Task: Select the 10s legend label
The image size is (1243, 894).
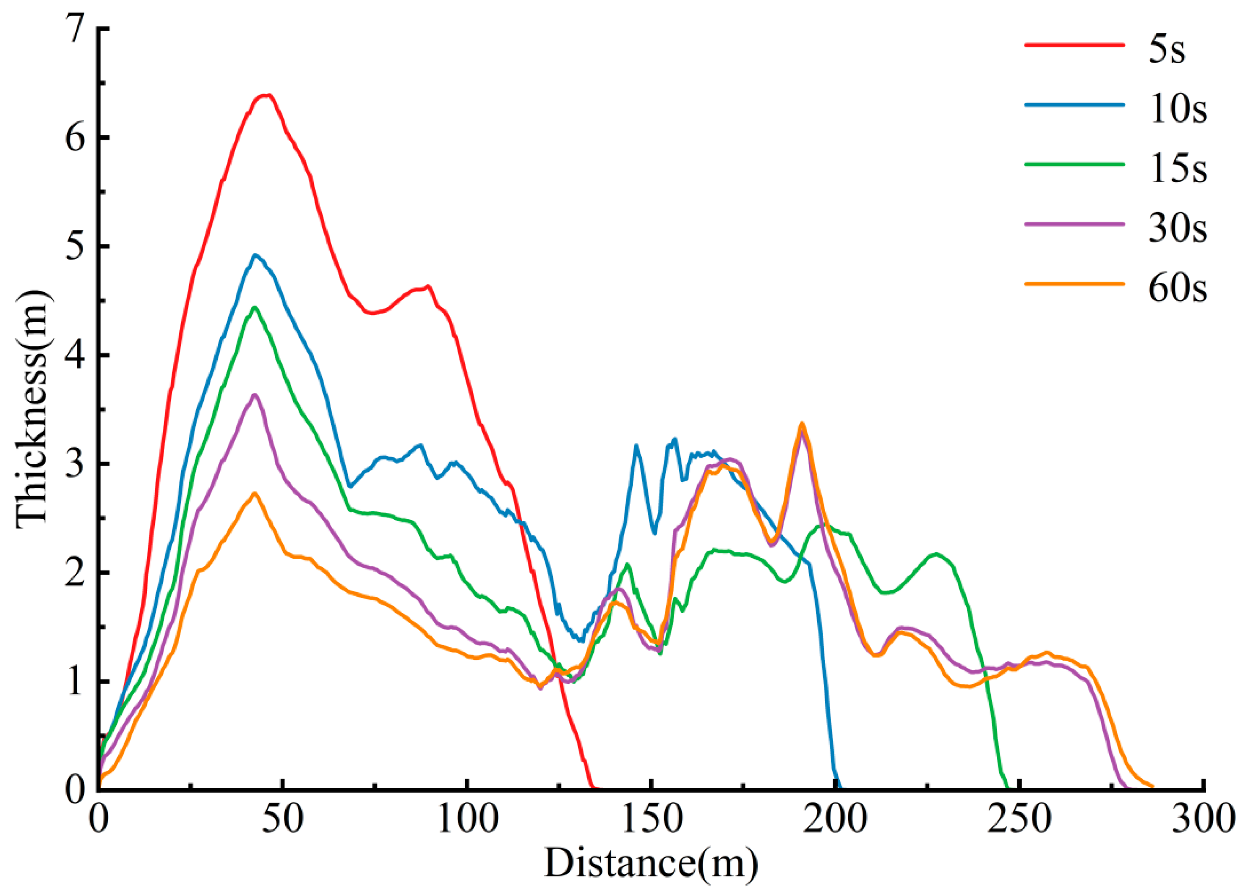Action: [1177, 111]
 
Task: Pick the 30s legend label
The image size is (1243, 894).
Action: [1177, 230]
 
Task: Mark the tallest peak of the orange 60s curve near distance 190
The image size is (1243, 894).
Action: [802, 423]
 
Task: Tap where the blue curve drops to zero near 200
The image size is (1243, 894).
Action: [839, 789]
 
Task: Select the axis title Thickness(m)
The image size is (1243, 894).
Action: [34, 409]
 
